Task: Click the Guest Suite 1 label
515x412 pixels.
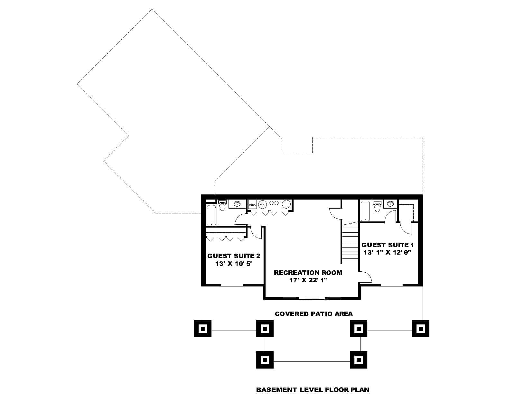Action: pos(388,245)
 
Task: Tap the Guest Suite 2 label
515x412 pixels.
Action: pos(234,256)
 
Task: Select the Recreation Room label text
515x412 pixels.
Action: pos(308,273)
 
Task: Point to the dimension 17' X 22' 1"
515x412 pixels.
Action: pos(308,280)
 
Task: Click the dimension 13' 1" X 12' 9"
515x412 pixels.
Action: pos(388,253)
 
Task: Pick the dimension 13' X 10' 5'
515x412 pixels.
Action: pos(233,264)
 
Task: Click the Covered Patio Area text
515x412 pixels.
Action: pos(314,314)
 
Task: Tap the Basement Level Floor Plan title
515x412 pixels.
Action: pos(313,390)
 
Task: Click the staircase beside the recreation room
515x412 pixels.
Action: pos(350,243)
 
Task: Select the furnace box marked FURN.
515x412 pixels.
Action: pos(252,204)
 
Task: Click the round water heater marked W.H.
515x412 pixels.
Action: pos(262,204)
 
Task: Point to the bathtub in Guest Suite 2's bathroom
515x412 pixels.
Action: pos(211,214)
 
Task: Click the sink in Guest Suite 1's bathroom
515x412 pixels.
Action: pos(390,203)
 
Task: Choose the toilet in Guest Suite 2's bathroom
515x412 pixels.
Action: pos(222,205)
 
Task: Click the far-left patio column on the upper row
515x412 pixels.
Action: pos(203,329)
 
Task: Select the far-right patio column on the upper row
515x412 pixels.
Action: pos(420,329)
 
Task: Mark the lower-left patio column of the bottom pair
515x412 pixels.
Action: pos(265,359)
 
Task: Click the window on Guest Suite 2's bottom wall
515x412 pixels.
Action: pos(232,285)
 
